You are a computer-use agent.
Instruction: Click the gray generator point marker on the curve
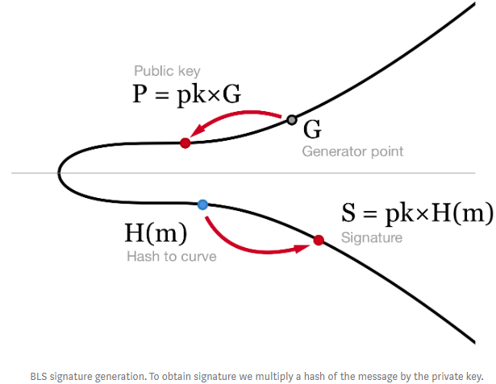[292, 121]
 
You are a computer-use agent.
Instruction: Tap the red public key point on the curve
[185, 142]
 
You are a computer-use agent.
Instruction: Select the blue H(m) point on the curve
[202, 204]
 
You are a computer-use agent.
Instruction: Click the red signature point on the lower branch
[319, 240]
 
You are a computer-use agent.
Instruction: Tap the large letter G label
[311, 130]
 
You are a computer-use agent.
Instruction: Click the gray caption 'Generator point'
[352, 151]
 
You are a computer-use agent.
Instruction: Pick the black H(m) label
[156, 233]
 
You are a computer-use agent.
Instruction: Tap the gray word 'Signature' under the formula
[372, 237]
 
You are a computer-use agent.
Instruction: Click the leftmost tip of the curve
[59, 172]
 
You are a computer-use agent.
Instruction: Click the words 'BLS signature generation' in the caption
[85, 376]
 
